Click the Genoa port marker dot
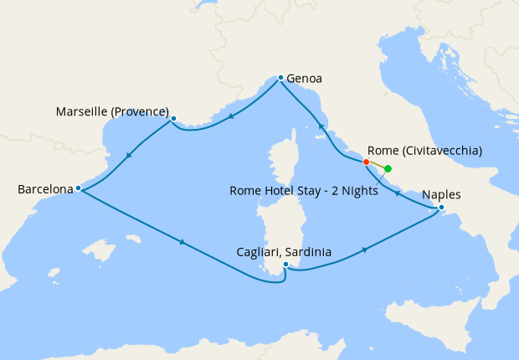tap(280, 77)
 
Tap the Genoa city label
tap(304, 80)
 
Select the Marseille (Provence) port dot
tap(173, 118)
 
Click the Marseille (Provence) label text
tap(112, 111)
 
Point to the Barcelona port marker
tap(78, 188)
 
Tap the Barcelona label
tap(45, 190)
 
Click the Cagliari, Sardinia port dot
tap(285, 265)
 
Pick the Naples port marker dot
tap(441, 208)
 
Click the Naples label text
tap(441, 195)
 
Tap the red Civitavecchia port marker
tap(366, 162)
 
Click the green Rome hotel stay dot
tap(388, 168)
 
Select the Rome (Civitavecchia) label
tap(424, 152)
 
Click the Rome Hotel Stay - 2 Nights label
tap(303, 191)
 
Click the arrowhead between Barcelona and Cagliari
tap(182, 244)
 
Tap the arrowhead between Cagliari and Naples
tap(365, 249)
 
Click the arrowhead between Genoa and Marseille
tap(230, 116)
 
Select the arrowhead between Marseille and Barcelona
tap(129, 154)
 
